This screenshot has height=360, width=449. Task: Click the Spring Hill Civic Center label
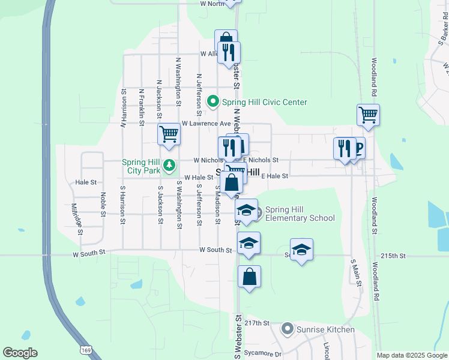[265, 102]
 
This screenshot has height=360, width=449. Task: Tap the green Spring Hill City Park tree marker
[170, 164]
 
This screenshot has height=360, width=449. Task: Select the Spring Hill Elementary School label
[300, 214]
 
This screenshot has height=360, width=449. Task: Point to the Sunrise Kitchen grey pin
[288, 329]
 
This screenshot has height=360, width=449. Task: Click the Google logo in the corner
[20, 353]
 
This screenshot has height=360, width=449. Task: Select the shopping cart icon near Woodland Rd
[368, 114]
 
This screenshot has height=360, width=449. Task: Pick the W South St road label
[89, 254]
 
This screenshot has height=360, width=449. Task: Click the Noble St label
[103, 204]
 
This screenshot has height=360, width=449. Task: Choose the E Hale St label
[275, 176]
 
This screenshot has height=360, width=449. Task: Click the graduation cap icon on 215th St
[301, 249]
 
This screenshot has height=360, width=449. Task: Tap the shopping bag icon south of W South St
[250, 277]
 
